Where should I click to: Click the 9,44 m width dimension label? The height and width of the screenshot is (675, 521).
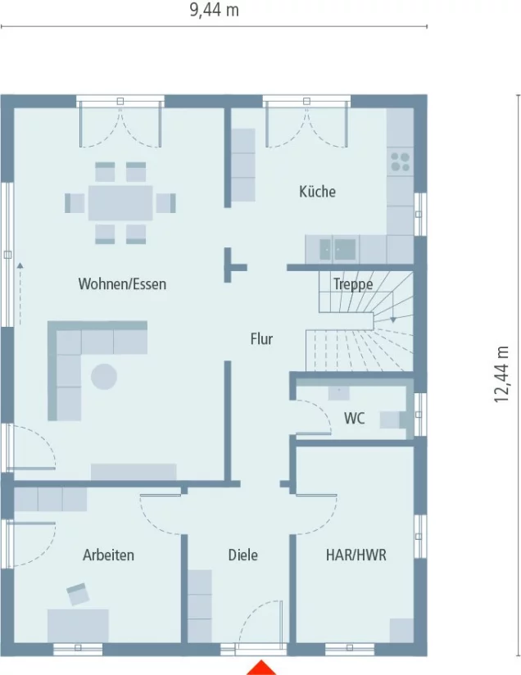pos(214,10)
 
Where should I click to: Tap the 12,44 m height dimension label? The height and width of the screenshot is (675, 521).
pos(501,374)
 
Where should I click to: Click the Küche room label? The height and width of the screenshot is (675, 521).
pos(317,192)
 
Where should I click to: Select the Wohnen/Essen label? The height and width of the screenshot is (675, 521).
pos(122,284)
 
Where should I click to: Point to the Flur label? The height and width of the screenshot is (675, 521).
pos(261,339)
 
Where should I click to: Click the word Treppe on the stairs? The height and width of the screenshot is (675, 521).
pos(353,284)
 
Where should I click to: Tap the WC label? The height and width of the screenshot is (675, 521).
pos(355,418)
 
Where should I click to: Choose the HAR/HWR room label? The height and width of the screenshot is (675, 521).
pos(356,555)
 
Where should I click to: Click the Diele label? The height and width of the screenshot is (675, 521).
pos(242,555)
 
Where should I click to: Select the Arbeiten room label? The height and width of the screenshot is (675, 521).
pos(108,555)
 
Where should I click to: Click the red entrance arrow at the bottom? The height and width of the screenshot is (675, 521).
pos(261,668)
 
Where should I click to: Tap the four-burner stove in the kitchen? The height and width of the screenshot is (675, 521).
pos(401,162)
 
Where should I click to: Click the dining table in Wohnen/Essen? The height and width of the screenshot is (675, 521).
pos(120,203)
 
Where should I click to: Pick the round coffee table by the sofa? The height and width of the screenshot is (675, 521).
pos(104,377)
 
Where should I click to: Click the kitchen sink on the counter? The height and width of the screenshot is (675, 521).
pos(338,249)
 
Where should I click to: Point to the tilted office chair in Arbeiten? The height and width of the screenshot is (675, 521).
pos(78,594)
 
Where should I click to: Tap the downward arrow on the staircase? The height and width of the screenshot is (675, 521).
pos(393,319)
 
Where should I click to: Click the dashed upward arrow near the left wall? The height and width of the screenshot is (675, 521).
pos(20,293)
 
